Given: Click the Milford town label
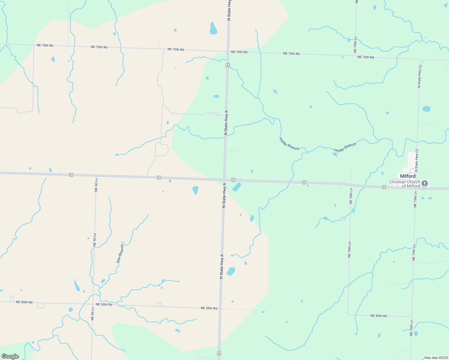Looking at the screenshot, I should point(408,176).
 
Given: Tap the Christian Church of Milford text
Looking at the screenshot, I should point(405,184).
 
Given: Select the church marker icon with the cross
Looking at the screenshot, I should point(424,183).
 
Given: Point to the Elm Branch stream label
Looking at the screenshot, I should point(120,254).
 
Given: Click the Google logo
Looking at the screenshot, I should point(10,356).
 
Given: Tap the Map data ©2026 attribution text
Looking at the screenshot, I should point(436,358).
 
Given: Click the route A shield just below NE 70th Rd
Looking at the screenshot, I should point(228,65).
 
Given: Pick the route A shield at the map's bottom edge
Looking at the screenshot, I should point(219,353).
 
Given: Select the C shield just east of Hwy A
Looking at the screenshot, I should point(233,180).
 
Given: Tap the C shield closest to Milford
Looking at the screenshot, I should point(384,187).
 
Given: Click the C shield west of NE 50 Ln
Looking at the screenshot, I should point(71,175).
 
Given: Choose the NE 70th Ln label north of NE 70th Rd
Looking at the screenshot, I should point(355,45).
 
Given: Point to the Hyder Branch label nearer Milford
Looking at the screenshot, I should point(345,148).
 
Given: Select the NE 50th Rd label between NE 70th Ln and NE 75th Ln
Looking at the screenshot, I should point(378,316).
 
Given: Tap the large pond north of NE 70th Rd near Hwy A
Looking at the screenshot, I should point(213,29).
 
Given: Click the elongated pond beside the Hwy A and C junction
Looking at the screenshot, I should point(237,187).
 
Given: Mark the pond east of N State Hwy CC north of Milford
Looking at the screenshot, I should point(426,109).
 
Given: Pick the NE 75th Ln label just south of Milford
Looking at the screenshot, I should point(415,199).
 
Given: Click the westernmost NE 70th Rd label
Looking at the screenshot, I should point(45,45).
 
